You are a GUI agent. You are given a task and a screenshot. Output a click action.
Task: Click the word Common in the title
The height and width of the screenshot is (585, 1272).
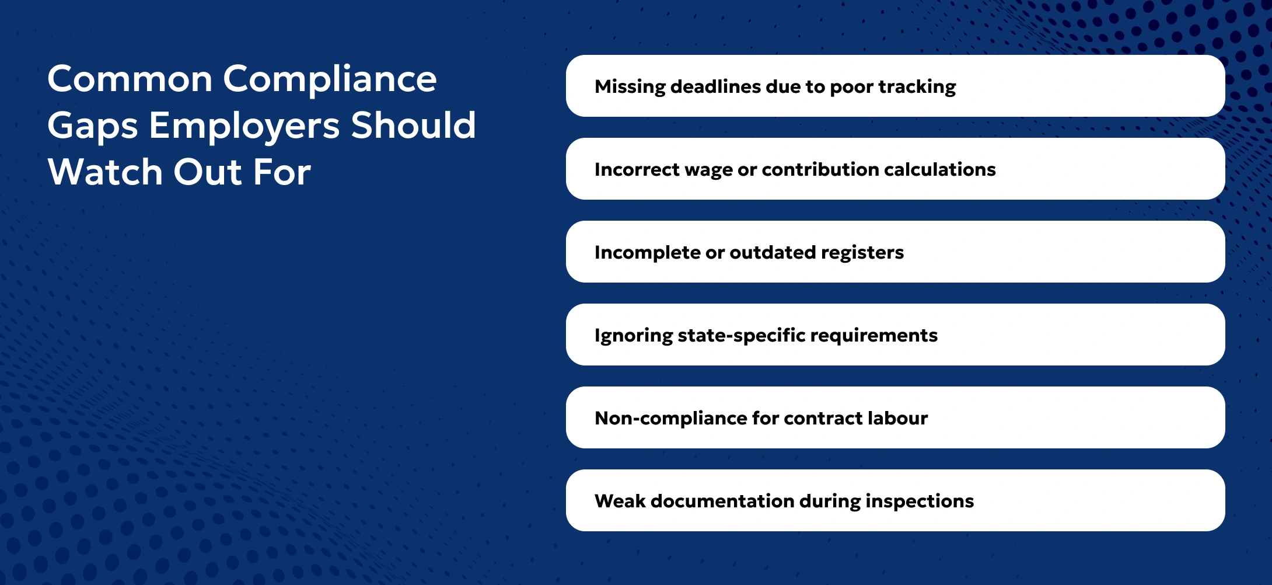coord(130,79)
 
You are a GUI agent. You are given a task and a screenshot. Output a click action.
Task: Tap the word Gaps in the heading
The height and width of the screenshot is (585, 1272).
coord(92,127)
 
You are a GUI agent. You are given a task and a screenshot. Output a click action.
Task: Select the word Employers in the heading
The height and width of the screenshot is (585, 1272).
coord(244,127)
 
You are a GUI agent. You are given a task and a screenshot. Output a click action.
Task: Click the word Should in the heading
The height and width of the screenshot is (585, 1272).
coord(413,126)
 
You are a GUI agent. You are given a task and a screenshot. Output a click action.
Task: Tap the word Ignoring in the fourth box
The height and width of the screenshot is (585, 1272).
coord(634,336)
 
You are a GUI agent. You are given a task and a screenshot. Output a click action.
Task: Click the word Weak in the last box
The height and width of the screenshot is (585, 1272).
coord(620,501)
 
